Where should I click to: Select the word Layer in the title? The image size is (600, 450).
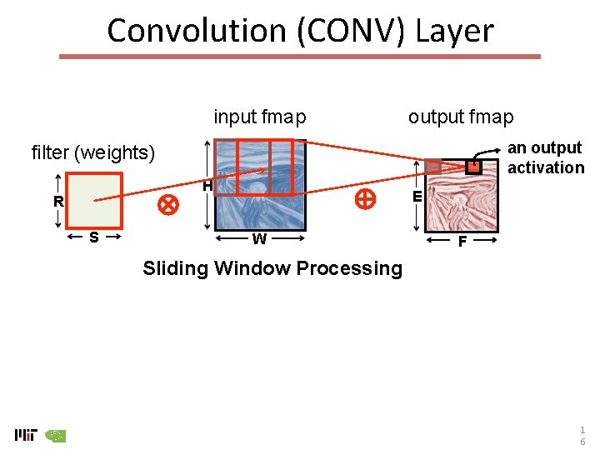point(455,31)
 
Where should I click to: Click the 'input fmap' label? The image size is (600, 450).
point(260,117)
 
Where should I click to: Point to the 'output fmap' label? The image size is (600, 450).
point(461,117)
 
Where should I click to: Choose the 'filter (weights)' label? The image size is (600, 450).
point(93,152)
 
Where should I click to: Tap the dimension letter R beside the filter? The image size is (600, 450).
point(58,202)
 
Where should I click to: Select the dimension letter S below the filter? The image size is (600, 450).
point(94,237)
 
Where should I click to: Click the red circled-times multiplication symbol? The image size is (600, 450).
point(169,204)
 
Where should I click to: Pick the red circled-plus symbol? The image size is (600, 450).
point(364,198)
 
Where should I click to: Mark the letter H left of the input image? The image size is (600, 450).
point(207,187)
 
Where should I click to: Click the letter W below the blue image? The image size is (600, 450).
point(260,239)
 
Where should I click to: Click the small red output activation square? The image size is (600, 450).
point(473,167)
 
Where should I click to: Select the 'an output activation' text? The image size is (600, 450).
point(546,157)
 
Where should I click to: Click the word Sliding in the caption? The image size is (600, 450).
point(175,268)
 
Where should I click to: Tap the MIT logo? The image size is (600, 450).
point(26,434)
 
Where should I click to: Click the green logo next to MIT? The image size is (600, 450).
point(55,435)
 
